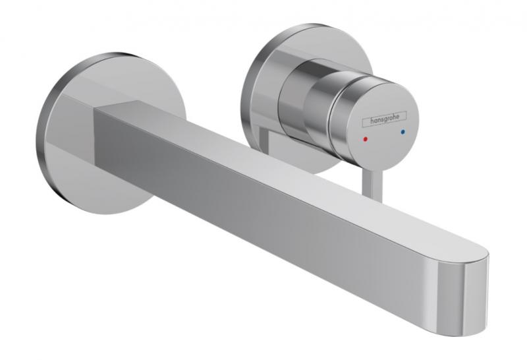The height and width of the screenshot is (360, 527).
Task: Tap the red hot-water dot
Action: pyautogui.click(x=364, y=133)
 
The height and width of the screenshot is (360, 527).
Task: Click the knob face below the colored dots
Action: pyautogui.click(x=382, y=148)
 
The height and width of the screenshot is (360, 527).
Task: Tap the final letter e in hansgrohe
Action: pyautogui.click(x=403, y=117)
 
